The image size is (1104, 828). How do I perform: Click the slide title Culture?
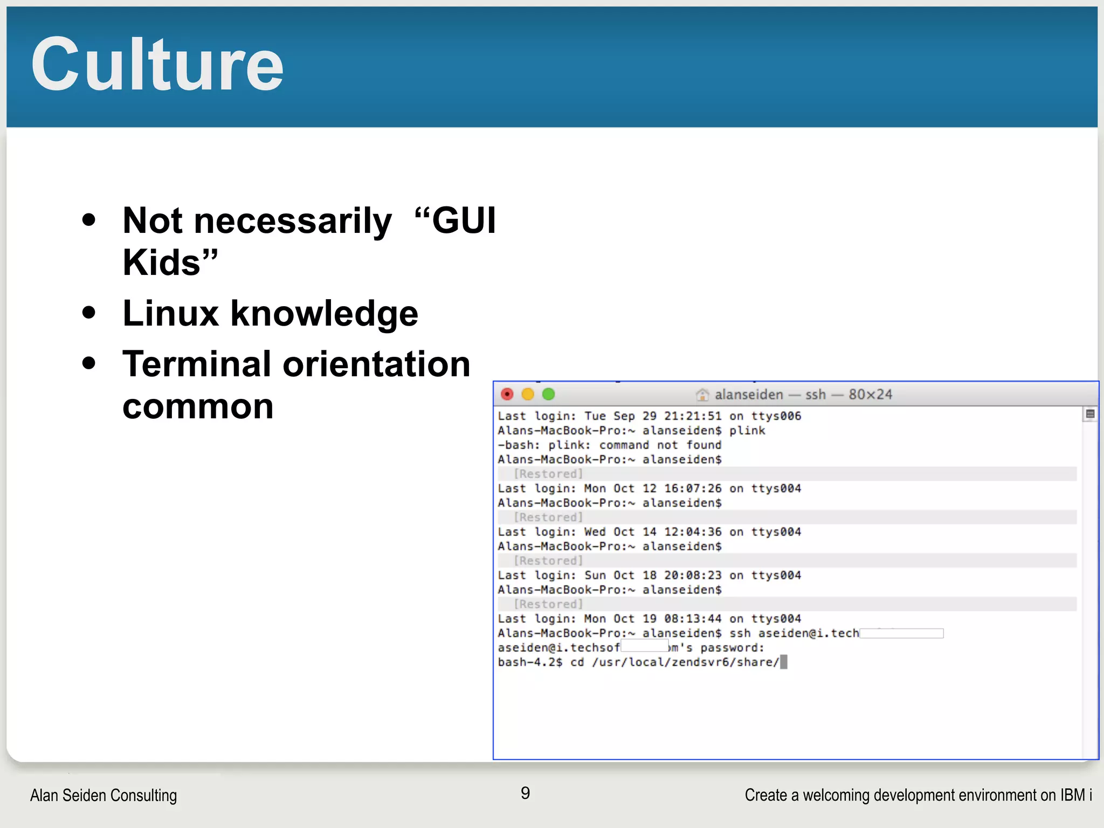tap(157, 65)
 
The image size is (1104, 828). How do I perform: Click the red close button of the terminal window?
tap(507, 394)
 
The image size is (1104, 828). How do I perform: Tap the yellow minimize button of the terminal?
tap(528, 394)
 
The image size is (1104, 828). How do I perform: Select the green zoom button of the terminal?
tap(548, 394)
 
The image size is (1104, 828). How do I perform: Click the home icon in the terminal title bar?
tap(702, 395)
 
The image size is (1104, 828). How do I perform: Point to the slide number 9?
tap(525, 793)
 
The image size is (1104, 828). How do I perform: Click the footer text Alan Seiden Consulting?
tap(103, 795)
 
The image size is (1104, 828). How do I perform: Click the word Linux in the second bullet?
tap(170, 313)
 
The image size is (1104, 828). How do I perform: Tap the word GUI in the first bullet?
tap(464, 220)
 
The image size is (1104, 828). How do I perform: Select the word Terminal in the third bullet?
tap(197, 364)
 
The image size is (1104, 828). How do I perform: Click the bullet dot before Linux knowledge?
tap(89, 313)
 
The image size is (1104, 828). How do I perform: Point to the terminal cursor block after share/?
tap(784, 662)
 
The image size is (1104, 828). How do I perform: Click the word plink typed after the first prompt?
tap(747, 431)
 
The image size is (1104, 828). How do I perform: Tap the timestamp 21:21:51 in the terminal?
tap(693, 416)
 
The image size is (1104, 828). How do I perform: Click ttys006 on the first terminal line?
tap(776, 416)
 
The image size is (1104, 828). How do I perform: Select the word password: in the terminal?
tap(733, 648)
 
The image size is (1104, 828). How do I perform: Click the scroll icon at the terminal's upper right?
tap(1090, 414)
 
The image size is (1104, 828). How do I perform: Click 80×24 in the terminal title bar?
tap(870, 395)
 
